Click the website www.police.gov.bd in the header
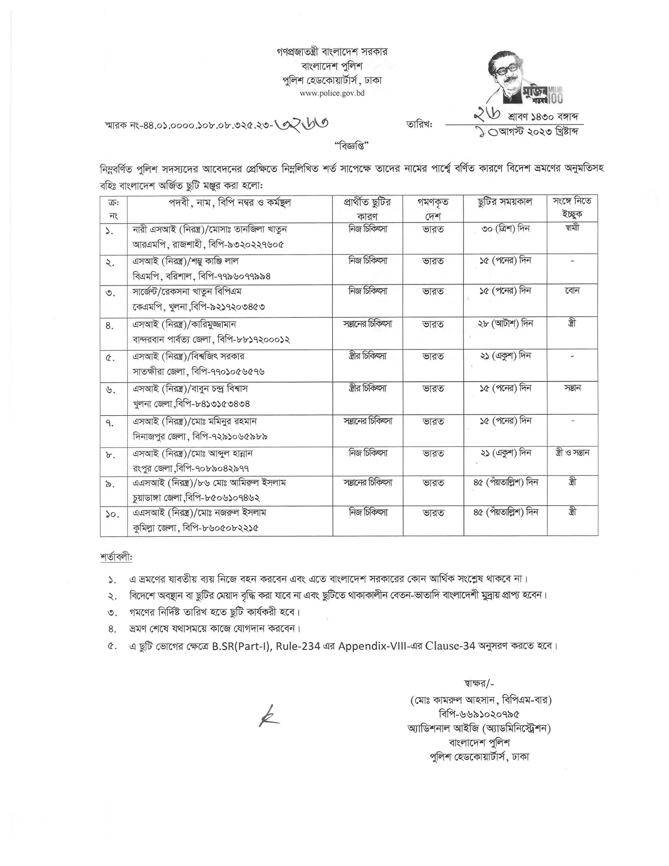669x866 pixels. (332, 93)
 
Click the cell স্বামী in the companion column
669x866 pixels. (573, 229)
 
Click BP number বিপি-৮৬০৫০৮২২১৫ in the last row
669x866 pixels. (221, 528)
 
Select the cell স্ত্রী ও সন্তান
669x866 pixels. (572, 452)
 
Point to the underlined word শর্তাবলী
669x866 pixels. (116, 557)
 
